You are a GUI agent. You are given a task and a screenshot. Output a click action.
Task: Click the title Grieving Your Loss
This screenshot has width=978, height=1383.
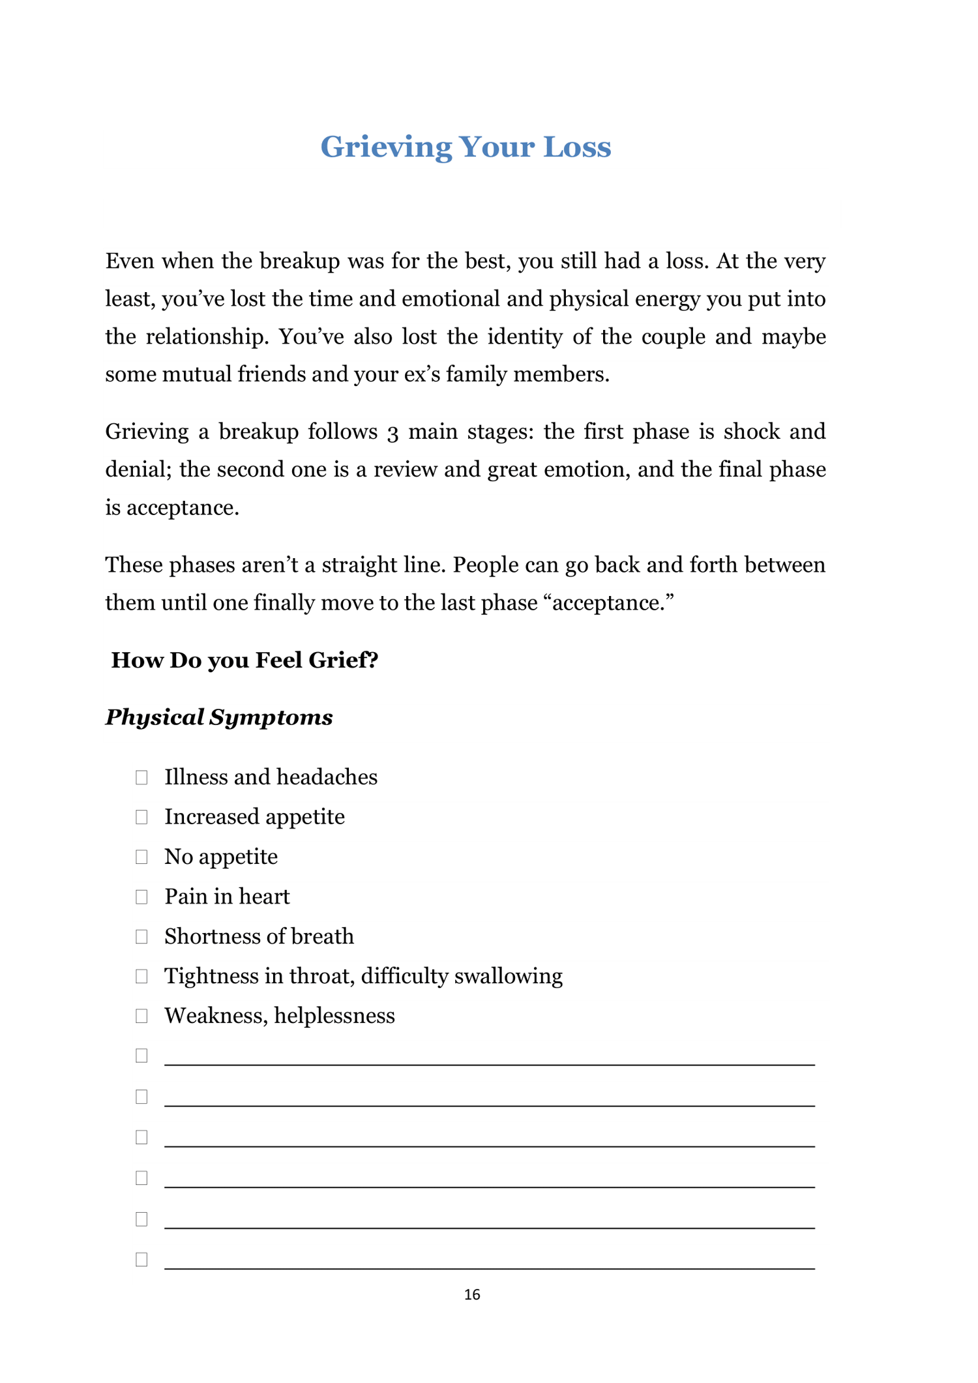pos(466,147)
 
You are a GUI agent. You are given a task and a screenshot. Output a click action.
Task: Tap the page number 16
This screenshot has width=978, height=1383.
pos(472,1294)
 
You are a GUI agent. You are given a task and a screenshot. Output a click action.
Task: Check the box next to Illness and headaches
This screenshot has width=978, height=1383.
pos(141,777)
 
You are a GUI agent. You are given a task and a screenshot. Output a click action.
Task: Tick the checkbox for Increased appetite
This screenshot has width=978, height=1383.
pos(141,817)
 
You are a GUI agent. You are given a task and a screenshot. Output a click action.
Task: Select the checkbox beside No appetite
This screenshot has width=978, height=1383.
pos(141,857)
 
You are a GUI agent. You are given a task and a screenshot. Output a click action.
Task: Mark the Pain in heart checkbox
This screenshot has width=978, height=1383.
pos(141,897)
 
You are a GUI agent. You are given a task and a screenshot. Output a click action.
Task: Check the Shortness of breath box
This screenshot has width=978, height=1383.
pos(141,936)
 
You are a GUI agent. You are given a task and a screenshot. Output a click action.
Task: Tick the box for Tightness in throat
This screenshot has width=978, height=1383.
pos(141,976)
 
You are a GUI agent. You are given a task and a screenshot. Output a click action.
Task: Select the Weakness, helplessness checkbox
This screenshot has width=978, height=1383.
pos(141,1016)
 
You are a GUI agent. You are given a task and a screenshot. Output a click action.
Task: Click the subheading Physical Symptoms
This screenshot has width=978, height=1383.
pos(219,717)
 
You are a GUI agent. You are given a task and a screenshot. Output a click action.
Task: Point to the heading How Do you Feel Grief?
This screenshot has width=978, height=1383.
pos(244,660)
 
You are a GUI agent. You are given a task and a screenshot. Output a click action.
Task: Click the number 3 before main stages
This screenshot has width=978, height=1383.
pos(393,433)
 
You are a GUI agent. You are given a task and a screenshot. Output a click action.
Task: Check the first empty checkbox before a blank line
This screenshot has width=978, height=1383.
pos(141,1056)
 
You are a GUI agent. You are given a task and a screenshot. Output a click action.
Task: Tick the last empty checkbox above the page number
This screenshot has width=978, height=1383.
pos(141,1259)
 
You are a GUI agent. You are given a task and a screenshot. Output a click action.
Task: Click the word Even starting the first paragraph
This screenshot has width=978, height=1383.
pos(129,261)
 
